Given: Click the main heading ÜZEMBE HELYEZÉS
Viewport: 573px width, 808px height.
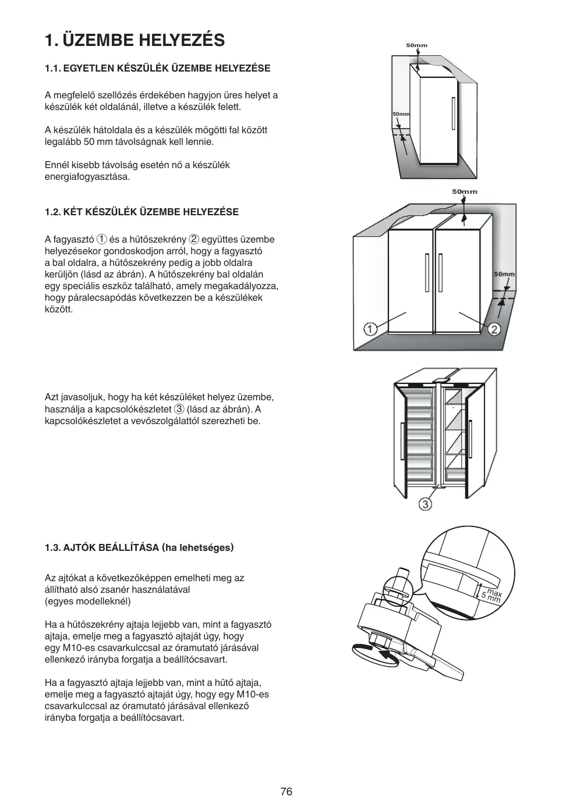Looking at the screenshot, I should pos(143,40).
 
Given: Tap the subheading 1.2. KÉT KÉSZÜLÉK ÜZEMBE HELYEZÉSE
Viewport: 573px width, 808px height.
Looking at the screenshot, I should pos(142,212).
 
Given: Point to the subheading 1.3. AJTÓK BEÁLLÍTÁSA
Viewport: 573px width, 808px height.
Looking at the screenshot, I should pos(139,547).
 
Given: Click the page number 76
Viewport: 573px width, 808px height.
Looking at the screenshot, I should pos(286,791).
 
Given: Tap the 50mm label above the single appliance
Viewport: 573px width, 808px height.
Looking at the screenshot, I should pos(416,45).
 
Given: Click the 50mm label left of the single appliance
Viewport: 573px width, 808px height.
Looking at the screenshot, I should pos(401,114).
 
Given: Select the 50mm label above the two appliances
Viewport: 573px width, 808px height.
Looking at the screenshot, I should pos(464,191).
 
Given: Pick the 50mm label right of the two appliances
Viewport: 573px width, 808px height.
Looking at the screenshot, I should pos(504,274).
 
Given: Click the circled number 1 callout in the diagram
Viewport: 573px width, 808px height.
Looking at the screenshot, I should pos(370,329).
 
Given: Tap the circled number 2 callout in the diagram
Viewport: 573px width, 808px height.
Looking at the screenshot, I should pos(494,329).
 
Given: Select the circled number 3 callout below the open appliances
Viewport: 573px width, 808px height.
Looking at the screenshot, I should pos(426,504).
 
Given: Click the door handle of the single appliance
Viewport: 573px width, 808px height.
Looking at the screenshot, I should pos(452,113).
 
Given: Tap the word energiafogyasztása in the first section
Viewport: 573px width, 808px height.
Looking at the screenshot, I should pos(87,177).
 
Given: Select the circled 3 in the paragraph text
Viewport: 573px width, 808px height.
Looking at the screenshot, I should pos(179,409).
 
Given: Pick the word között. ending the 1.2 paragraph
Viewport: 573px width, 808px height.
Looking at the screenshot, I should pos(59,309).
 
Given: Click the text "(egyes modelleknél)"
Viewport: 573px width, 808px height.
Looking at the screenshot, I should pos(88,601).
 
